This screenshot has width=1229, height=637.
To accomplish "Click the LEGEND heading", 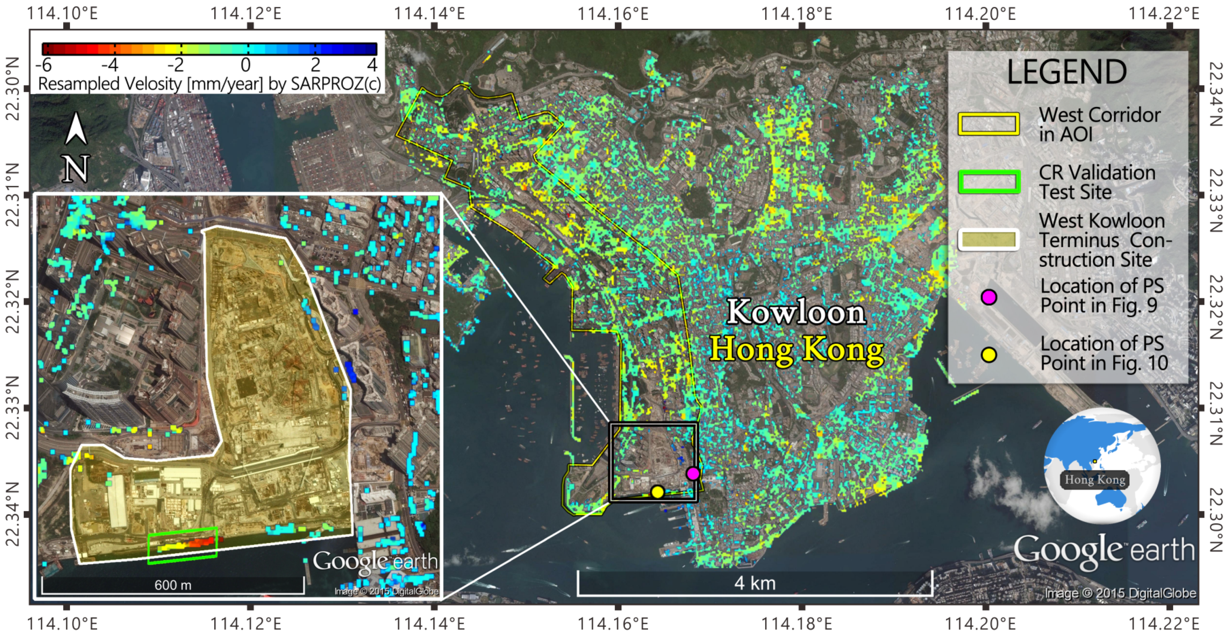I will click(x=1066, y=72).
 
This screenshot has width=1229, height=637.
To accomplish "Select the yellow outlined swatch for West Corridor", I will click(x=989, y=124).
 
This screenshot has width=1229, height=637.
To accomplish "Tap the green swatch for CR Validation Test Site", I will click(x=989, y=182).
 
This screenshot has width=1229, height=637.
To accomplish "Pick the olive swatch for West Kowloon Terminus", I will click(x=989, y=240).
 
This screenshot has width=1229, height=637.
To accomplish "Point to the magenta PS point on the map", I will click(x=693, y=473).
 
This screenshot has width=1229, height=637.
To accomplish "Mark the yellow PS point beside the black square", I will click(x=657, y=491).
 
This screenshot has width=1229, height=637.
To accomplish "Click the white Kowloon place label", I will click(x=795, y=312).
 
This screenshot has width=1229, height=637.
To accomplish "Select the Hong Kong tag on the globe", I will click(x=1095, y=479).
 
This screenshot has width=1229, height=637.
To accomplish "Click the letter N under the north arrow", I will click(x=76, y=169).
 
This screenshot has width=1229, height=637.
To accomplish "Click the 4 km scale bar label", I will click(x=755, y=583).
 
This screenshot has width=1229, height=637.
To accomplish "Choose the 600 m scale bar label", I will click(x=173, y=585).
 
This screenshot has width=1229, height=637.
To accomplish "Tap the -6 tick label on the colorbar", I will click(x=44, y=64).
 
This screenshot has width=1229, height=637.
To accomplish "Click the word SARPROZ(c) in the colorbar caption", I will click(x=336, y=84).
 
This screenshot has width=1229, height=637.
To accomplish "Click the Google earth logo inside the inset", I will click(x=375, y=561).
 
